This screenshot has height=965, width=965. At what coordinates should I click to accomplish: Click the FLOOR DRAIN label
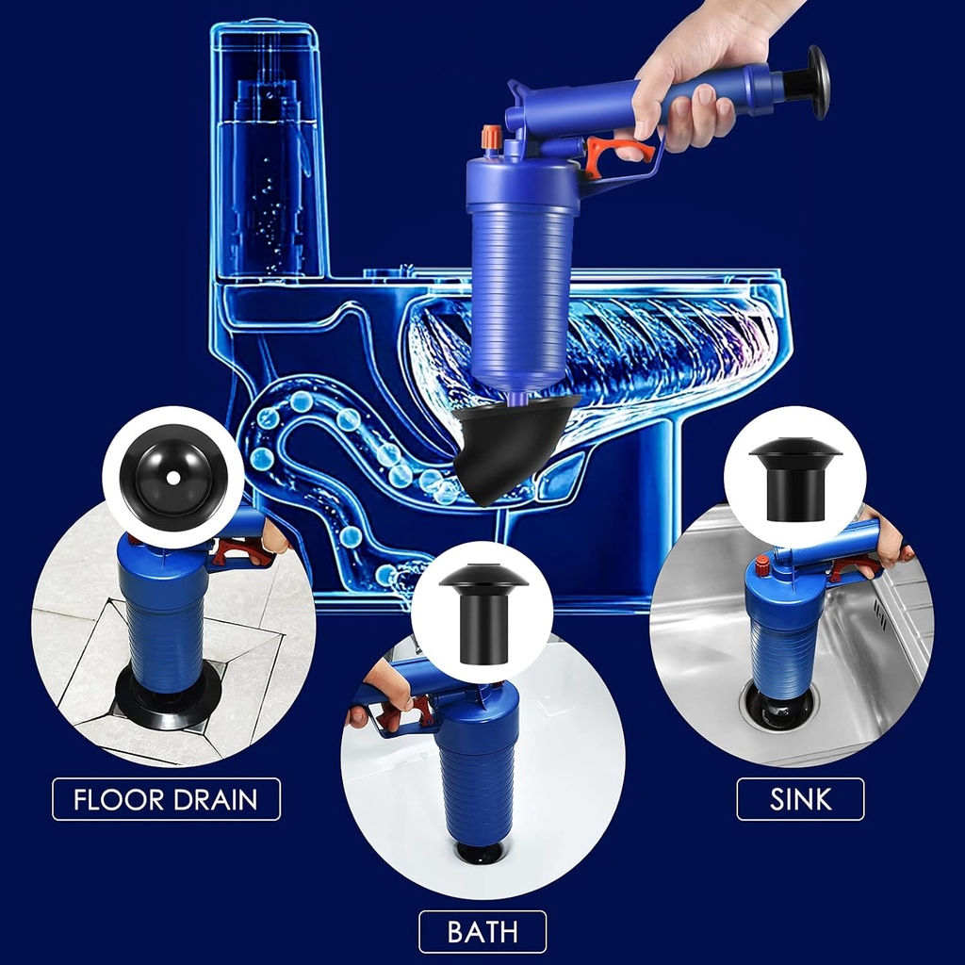pyautogui.click(x=166, y=799)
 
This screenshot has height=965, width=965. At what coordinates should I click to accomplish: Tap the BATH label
pyautogui.click(x=482, y=932)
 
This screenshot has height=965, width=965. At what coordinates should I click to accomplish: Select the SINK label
pyautogui.click(x=800, y=799)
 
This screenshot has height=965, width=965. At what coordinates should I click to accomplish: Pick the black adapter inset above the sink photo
pyautogui.click(x=794, y=477)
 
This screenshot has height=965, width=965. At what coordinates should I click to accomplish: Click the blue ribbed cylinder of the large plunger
pyautogui.click(x=523, y=283)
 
